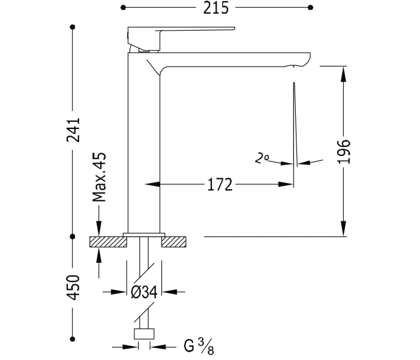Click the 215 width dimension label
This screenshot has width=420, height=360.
[x=215, y=8]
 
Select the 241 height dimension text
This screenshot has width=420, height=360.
[x=73, y=130]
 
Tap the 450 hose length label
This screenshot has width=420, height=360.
[x=73, y=289]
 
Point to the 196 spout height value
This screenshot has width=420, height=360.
[x=344, y=151]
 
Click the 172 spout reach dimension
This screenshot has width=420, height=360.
[x=220, y=185]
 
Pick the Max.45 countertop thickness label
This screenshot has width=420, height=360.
[x=100, y=177]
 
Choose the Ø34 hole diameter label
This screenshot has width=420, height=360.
[x=143, y=292]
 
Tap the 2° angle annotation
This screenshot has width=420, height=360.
[x=262, y=158]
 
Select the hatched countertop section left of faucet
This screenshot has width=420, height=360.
[x=107, y=242]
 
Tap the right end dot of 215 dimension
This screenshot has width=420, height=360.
[x=310, y=8]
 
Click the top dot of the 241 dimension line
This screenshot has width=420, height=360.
[x=73, y=27]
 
